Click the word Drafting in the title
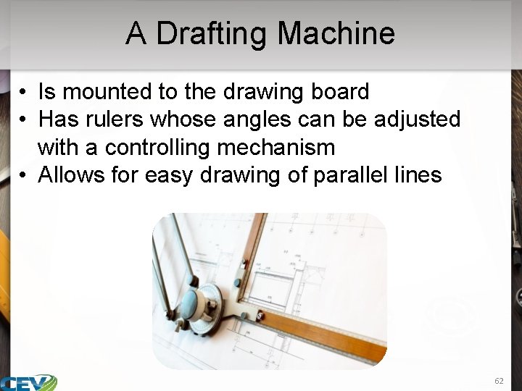(212, 34)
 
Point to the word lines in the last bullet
(417, 175)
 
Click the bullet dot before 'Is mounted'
(23, 93)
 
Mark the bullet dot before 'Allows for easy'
(23, 176)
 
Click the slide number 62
(499, 380)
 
